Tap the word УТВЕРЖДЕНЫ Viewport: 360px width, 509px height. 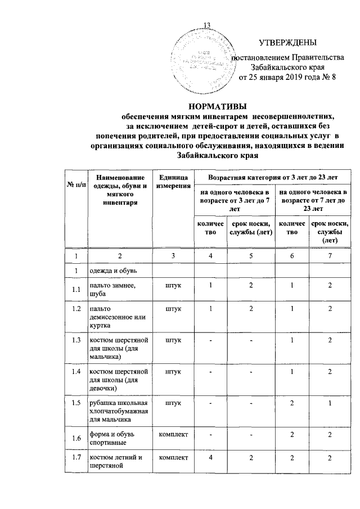[287, 42]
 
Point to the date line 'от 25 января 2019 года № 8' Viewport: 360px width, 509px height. [287, 77]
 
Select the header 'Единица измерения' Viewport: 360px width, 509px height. [173, 181]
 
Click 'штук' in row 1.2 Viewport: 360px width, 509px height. [173, 309]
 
